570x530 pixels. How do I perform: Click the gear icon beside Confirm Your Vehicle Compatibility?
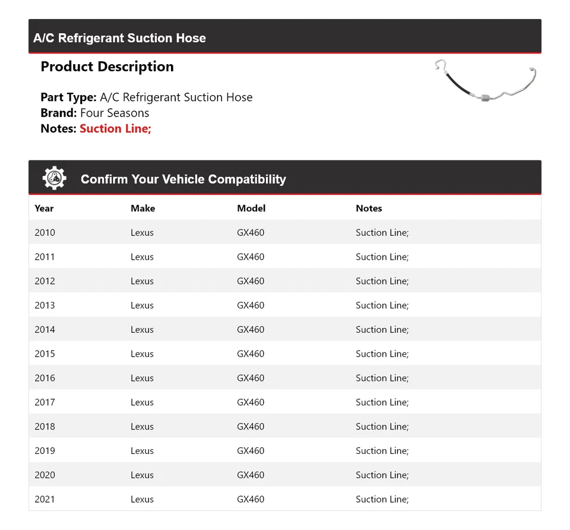(54, 178)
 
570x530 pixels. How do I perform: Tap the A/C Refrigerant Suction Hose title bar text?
(119, 38)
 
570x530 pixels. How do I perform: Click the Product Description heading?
(107, 67)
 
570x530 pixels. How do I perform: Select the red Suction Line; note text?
(115, 128)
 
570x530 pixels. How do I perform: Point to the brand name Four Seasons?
(115, 113)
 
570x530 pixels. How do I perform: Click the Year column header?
(44, 209)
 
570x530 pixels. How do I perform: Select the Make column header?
(142, 209)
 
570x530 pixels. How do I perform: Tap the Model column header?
(251, 209)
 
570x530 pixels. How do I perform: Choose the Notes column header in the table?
(369, 209)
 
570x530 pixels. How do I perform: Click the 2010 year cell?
(45, 233)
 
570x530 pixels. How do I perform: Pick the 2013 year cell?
(45, 305)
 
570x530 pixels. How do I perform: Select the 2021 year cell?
(45, 500)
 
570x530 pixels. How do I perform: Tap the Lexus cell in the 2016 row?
(142, 378)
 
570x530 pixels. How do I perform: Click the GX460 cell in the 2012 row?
(251, 281)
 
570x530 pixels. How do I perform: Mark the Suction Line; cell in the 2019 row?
(382, 451)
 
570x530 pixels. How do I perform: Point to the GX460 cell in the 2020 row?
(251, 475)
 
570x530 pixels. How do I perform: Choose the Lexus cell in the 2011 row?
(142, 257)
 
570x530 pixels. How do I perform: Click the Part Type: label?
(68, 97)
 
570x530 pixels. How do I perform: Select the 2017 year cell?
(45, 402)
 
